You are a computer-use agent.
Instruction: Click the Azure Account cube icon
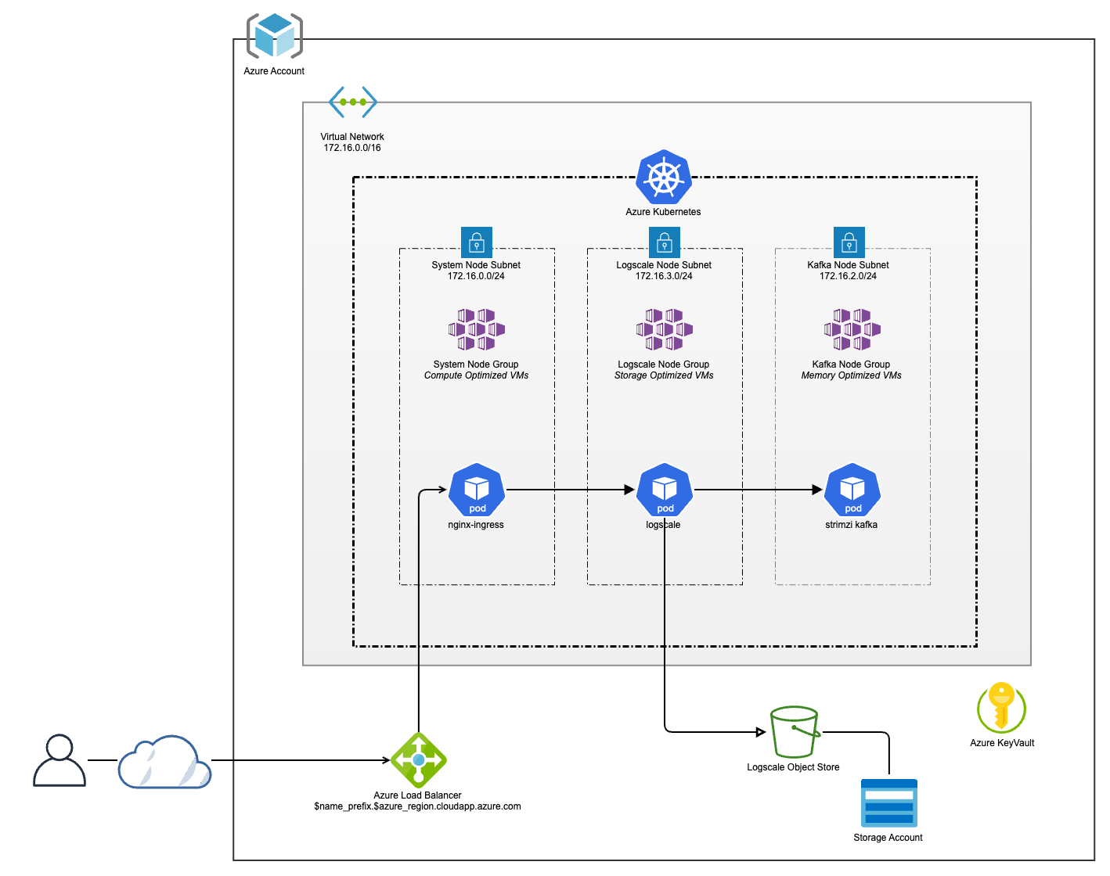click(x=274, y=36)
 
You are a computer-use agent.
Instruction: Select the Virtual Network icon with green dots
click(x=353, y=102)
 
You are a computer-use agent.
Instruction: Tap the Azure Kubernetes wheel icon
click(x=664, y=177)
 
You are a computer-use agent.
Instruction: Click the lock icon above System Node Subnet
click(x=477, y=242)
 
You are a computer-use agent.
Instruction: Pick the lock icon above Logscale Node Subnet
click(x=665, y=242)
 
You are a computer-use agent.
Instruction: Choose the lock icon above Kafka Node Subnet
click(x=849, y=242)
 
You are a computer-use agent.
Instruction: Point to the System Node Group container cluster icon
click(x=477, y=329)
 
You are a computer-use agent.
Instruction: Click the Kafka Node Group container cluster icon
click(x=852, y=329)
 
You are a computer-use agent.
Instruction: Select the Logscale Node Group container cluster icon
click(x=665, y=329)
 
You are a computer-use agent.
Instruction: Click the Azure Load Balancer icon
click(x=419, y=760)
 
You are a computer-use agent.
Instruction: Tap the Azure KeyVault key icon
click(x=1001, y=707)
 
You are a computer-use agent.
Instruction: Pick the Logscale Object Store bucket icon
click(x=795, y=732)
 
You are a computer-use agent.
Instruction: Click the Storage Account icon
click(x=888, y=803)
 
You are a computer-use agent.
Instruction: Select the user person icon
click(x=59, y=760)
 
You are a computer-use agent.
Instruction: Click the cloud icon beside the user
click(x=164, y=762)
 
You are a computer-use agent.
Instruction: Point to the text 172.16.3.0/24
click(x=664, y=276)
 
